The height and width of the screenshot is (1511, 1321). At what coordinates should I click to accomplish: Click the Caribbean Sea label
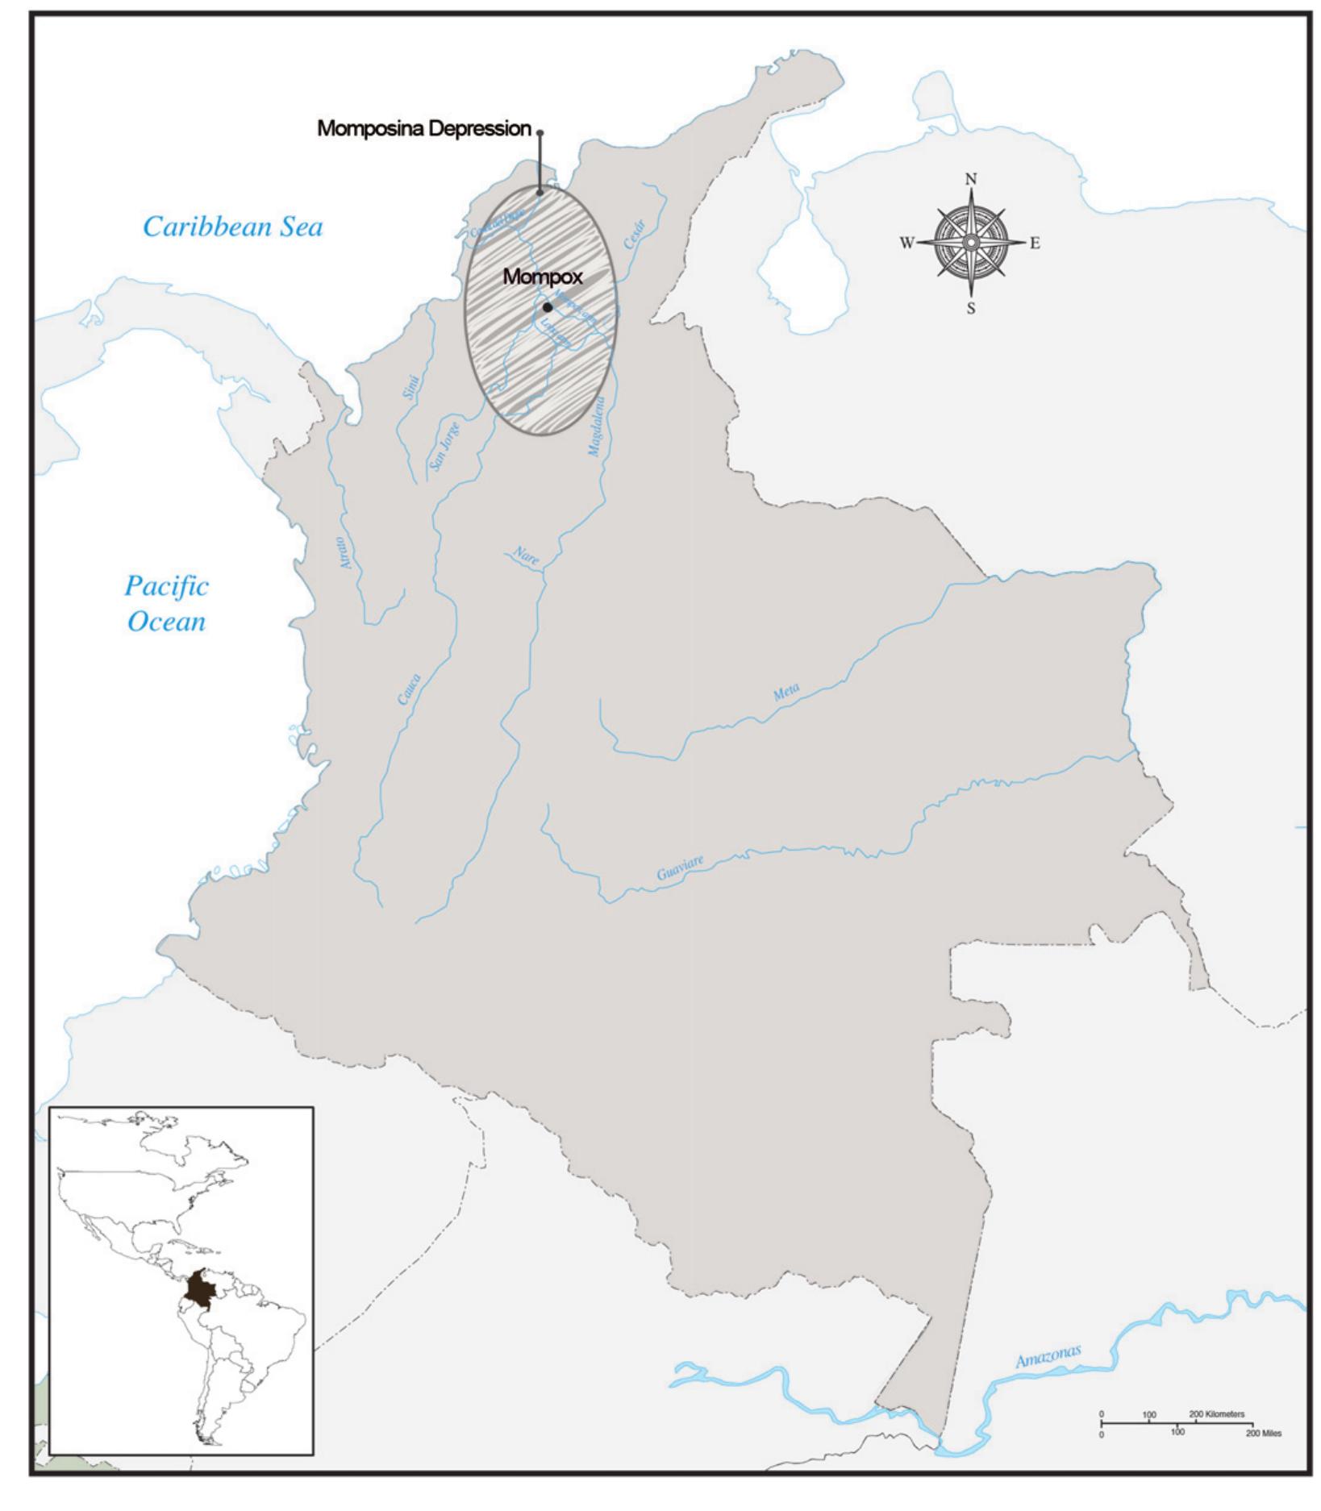coord(232,227)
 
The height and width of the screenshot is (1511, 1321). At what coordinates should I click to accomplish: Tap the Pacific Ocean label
coord(166,603)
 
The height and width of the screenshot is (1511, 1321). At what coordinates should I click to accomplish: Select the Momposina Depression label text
coord(424,129)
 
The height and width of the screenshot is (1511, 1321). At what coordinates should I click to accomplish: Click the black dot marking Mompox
coord(548,307)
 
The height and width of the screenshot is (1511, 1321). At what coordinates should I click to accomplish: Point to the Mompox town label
coord(542,277)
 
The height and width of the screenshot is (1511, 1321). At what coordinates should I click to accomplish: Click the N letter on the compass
coord(971,179)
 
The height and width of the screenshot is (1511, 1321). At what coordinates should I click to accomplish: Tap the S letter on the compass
coord(971,308)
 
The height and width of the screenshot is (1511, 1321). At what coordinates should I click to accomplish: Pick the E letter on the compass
coord(1035,244)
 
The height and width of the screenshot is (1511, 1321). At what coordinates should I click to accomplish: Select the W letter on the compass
coord(907,244)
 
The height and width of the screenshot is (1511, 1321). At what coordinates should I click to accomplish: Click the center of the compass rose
coord(971,243)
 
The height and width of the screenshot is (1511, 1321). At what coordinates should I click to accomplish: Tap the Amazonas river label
coord(1048,1355)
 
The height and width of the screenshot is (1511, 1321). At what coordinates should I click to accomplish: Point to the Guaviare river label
coord(680,868)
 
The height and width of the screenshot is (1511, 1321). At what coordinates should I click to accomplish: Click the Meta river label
coord(786,691)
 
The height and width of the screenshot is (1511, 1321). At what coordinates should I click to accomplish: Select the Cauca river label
coord(409,689)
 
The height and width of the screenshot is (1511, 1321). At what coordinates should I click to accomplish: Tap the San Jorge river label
coord(444,445)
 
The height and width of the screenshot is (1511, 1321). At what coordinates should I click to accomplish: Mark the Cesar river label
coord(635,234)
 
